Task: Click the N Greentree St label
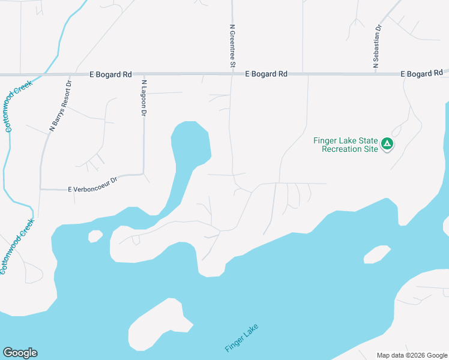click(232, 46)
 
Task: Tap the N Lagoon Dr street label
click(144, 97)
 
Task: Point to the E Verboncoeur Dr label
click(92, 189)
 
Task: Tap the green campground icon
click(388, 144)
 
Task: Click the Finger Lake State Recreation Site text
click(346, 145)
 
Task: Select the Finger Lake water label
click(241, 338)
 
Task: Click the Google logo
click(20, 353)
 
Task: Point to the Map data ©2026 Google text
click(411, 355)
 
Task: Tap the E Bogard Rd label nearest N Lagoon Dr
click(110, 75)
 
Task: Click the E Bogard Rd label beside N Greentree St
click(267, 74)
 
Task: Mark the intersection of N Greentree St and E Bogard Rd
click(232, 74)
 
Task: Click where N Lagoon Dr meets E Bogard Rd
click(143, 75)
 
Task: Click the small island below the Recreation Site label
click(377, 254)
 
